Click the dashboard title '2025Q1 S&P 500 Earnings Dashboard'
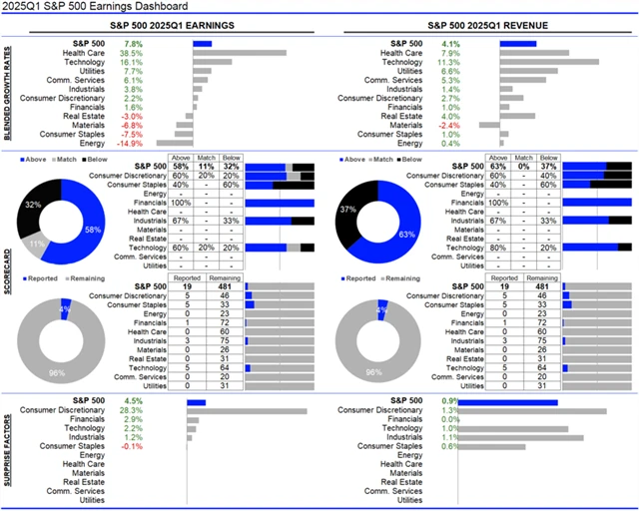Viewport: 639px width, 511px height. point(89,8)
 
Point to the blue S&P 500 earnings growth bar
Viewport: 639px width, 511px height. point(202,44)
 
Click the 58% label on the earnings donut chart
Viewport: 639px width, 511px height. point(90,230)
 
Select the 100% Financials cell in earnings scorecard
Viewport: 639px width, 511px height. point(182,203)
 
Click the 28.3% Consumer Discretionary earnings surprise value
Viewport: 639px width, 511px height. point(132,410)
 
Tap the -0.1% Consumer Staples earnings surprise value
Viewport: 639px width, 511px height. point(132,446)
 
